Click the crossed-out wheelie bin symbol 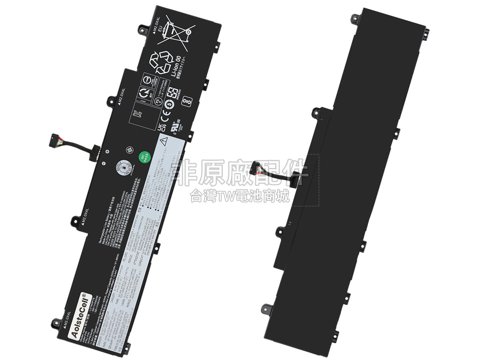(175, 30)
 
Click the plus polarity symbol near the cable (107, 151)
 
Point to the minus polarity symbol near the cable (103, 163)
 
